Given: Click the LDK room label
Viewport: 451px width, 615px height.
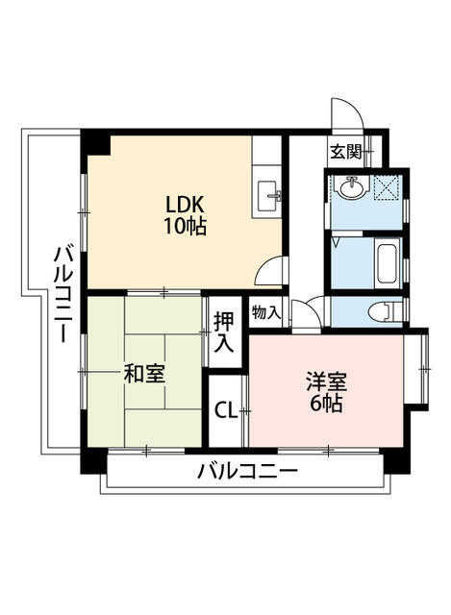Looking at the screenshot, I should coord(186,206).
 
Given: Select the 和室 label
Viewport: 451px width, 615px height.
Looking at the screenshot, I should coord(144,374).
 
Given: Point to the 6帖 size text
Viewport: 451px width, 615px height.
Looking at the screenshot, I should coord(326,404).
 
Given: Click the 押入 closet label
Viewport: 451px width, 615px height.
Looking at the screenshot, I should coord(223,332).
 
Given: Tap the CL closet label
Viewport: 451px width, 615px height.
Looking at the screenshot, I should coord(225,412).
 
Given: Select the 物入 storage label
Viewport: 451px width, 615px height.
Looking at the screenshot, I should coord(266,313).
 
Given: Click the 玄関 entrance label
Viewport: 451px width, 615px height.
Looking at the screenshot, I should coord(346,151).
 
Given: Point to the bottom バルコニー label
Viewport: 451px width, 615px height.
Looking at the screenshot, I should coord(247,473).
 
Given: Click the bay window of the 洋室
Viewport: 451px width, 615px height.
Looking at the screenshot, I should coord(420,369).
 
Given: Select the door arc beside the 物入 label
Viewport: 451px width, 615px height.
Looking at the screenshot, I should coord(306,313).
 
